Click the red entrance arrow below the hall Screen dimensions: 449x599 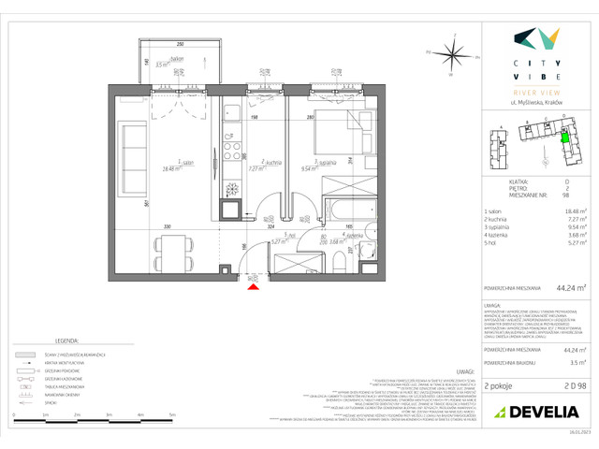[x=251, y=287]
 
